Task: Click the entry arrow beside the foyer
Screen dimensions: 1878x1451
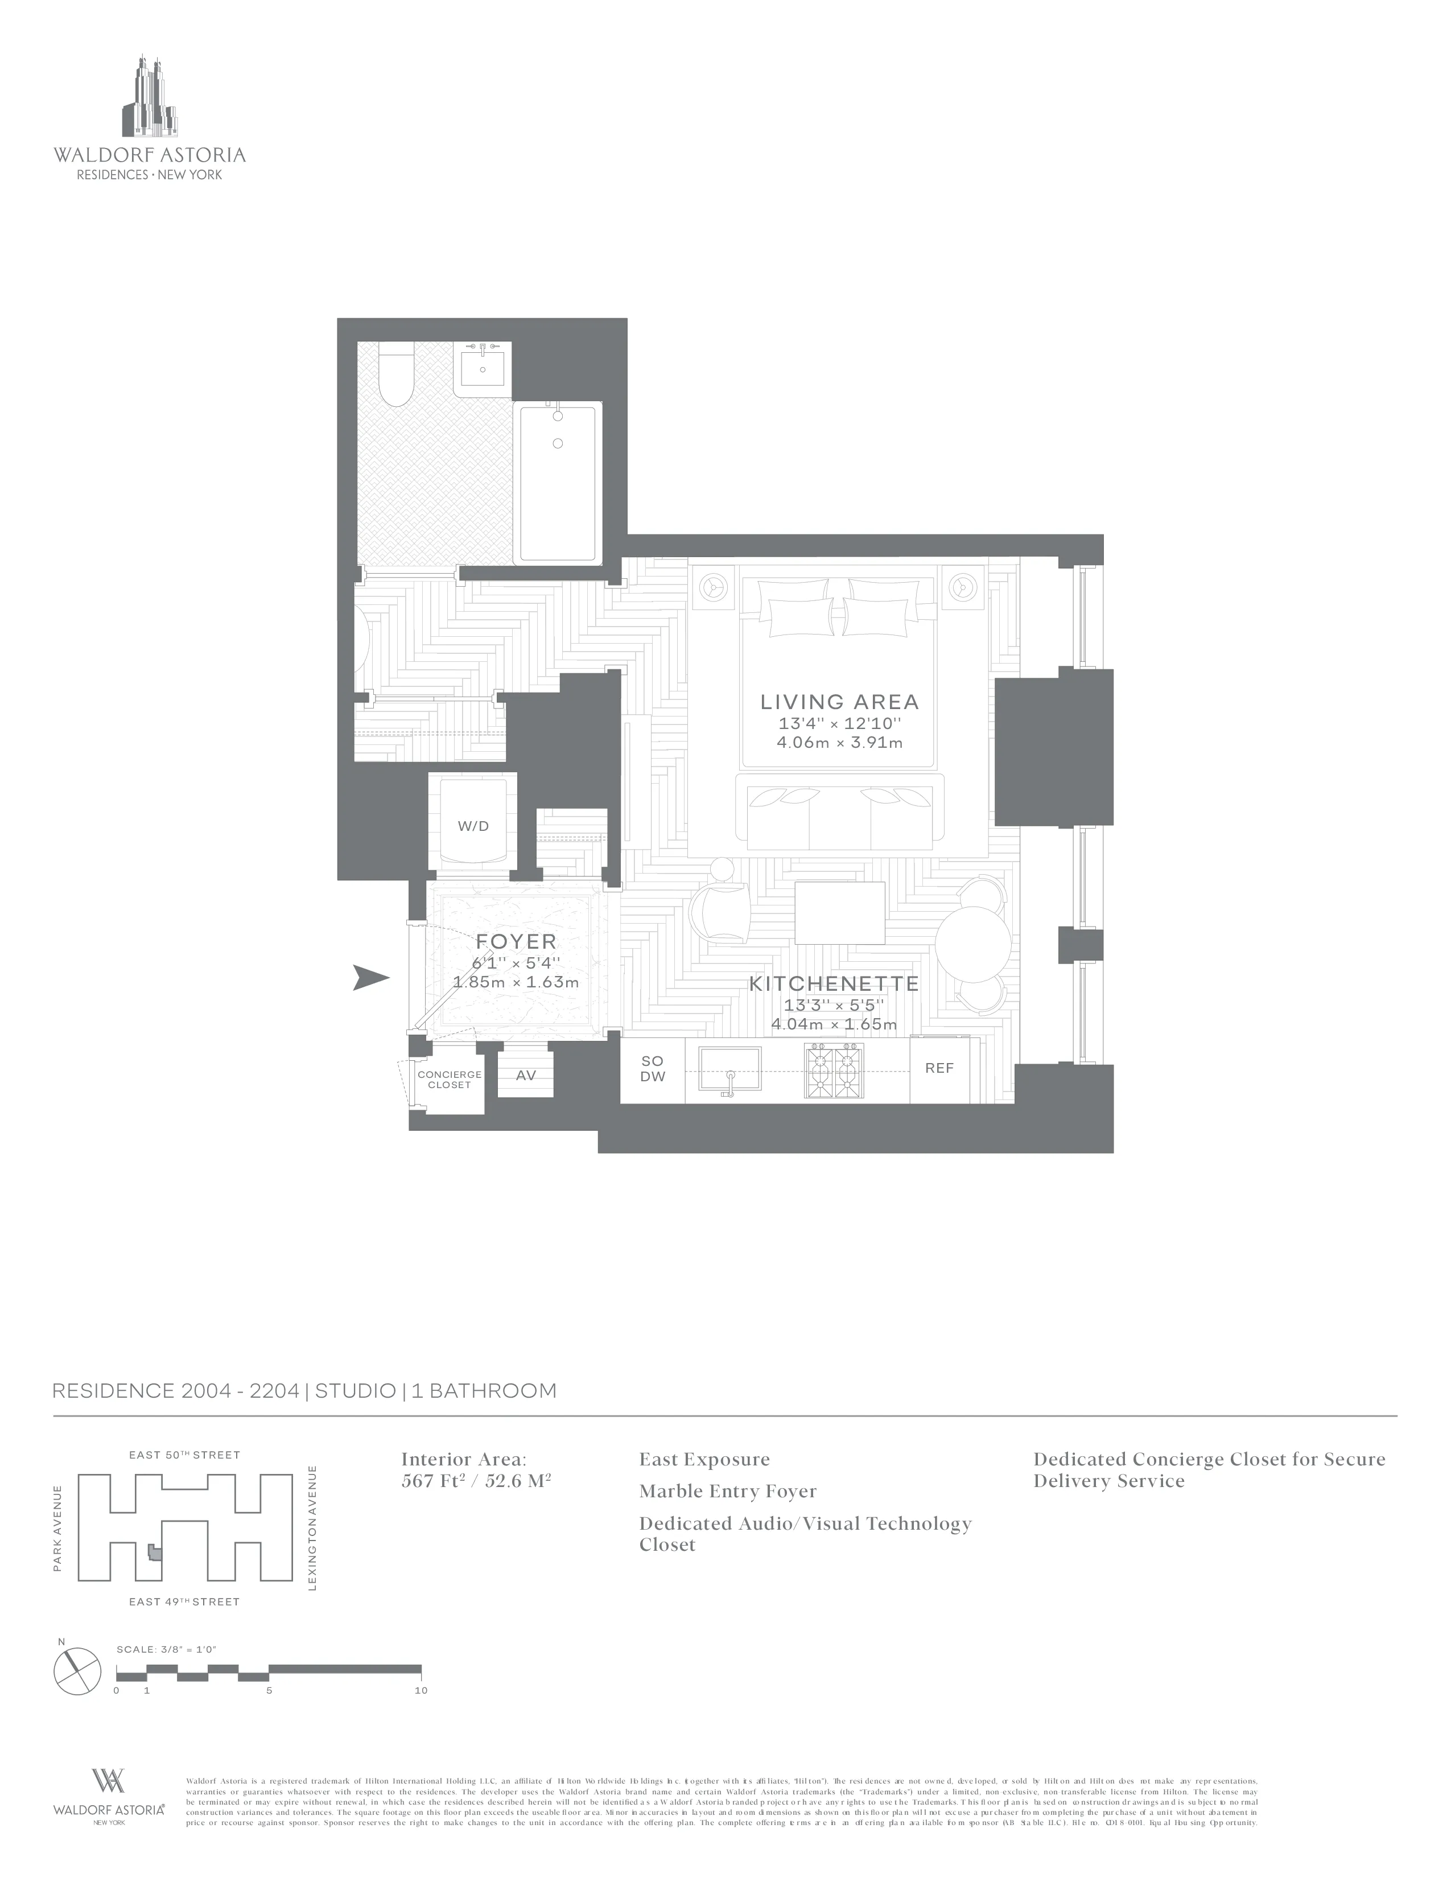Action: [372, 978]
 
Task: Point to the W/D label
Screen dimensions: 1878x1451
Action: [473, 826]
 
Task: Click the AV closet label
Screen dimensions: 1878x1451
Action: [525, 1076]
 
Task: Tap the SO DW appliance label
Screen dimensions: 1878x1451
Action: [653, 1069]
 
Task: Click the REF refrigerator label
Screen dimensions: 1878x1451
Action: [939, 1068]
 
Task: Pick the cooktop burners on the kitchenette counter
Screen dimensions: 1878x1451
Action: [833, 1070]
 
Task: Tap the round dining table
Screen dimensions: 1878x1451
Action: [972, 944]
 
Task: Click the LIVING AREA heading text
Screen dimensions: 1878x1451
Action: [839, 702]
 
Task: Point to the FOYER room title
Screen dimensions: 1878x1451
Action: [516, 942]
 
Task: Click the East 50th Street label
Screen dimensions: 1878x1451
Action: [184, 1455]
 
